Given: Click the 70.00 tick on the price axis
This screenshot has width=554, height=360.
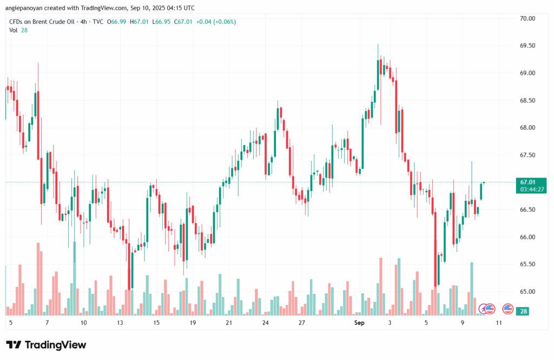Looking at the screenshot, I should point(527,18).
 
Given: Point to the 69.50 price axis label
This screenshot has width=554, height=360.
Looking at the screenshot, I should point(527,46).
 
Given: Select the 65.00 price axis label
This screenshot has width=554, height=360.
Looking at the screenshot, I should point(527,292).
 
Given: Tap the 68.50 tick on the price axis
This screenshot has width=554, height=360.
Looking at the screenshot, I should point(527,101).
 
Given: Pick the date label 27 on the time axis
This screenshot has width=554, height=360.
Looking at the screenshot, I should point(302,323).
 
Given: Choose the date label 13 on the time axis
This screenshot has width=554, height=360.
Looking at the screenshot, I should point(120,323).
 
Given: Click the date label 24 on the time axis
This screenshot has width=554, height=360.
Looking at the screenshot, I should point(265,323).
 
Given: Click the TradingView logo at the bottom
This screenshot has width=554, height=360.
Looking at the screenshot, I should point(46,345).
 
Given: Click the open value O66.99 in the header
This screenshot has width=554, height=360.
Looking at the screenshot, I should point(118,22).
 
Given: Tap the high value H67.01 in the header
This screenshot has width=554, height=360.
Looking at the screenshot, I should point(141,22).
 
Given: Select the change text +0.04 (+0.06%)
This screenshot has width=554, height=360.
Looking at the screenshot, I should point(216,22).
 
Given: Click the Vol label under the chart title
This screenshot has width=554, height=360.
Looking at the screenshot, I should point(14,30).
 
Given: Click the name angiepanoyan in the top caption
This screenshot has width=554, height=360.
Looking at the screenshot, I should point(23,8).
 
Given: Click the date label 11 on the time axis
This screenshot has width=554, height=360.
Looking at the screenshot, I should point(498,323).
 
